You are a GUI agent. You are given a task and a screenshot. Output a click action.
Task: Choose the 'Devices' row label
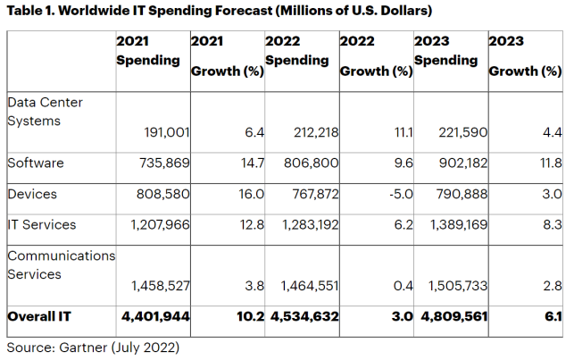[x=33, y=194]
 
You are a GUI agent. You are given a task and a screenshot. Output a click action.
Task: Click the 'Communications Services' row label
[x=60, y=264]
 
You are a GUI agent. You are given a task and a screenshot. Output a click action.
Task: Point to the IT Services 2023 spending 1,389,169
[x=451, y=225]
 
